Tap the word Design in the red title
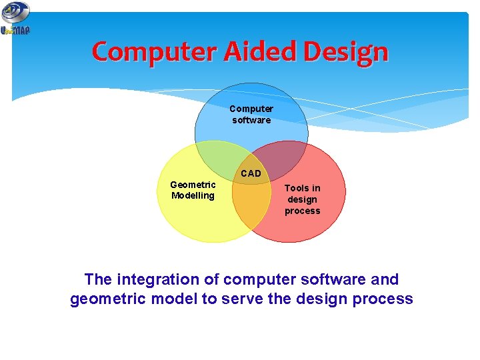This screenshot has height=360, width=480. coord(345,52)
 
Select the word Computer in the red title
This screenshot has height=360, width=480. coord(157,51)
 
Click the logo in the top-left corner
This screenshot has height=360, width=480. coord(15,18)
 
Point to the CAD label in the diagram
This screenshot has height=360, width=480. coord(251,173)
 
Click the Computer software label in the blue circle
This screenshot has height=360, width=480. coord(251,114)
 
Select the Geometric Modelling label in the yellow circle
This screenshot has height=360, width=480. coord(193,190)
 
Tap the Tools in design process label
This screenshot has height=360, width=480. coord(302,199)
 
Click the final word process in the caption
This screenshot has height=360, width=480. coord(385,299)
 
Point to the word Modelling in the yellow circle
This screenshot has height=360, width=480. coord(193,195)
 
